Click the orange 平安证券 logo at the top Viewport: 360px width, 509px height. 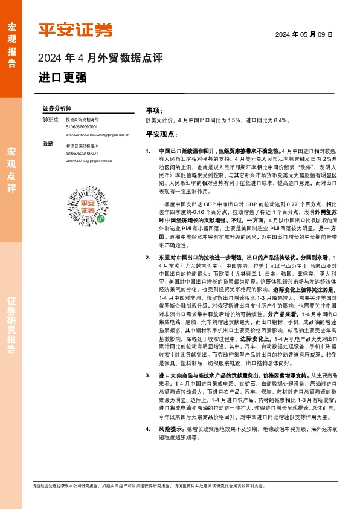pos(76,29)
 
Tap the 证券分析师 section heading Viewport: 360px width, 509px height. pos(57,107)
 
